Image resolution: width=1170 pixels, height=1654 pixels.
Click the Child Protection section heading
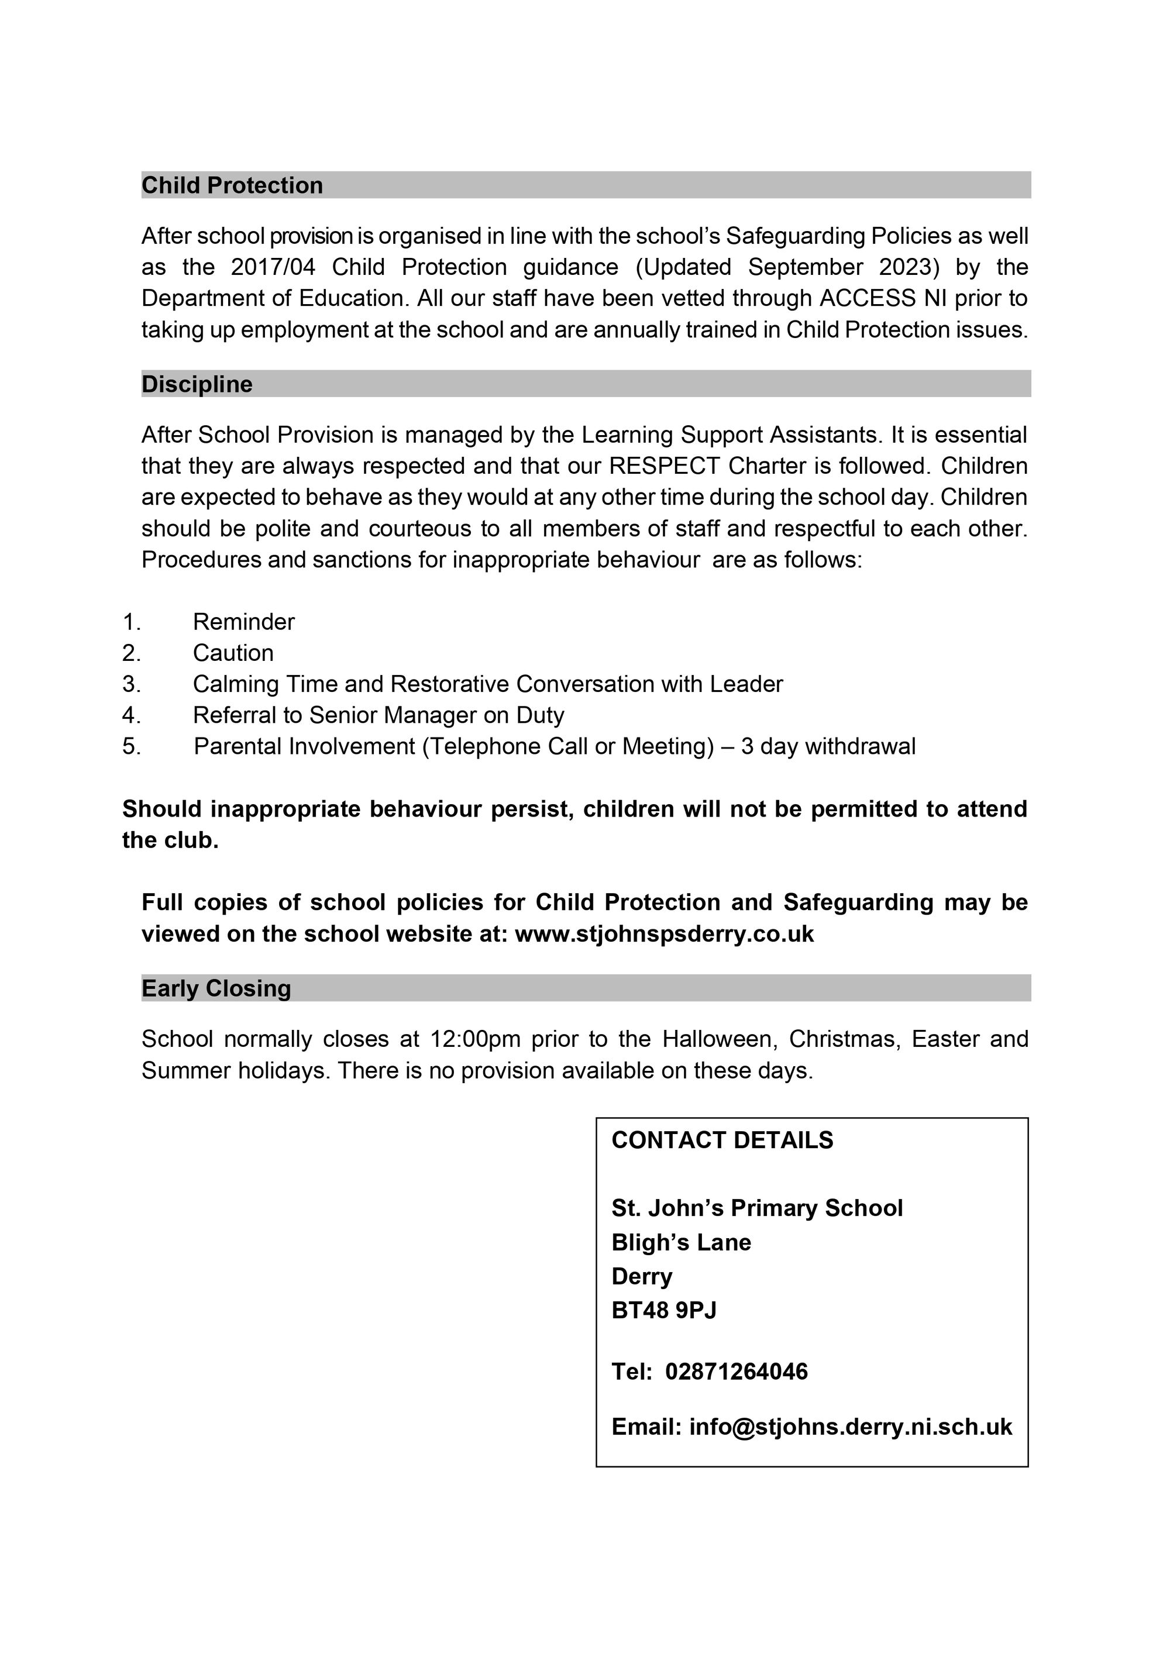coord(232,185)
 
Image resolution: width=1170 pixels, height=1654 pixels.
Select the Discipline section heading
coord(197,384)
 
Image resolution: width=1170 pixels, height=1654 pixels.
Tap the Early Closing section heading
coord(216,988)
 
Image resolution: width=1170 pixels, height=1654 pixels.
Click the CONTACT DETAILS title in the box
coord(722,1140)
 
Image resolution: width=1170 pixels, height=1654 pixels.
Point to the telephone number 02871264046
coord(737,1371)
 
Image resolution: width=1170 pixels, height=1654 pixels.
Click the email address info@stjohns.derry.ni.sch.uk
coord(850,1426)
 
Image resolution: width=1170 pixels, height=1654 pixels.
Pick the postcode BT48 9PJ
coord(663,1310)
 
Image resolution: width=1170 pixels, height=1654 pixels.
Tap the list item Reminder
coord(243,622)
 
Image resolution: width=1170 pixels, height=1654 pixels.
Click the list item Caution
coord(233,653)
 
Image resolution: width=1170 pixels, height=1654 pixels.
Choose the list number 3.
coord(130,684)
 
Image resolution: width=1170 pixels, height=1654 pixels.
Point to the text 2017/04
coord(273,267)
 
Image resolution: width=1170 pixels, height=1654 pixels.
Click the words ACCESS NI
coord(870,298)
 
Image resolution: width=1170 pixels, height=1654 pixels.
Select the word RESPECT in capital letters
coord(663,466)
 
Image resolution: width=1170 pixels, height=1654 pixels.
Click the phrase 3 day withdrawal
coord(828,746)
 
